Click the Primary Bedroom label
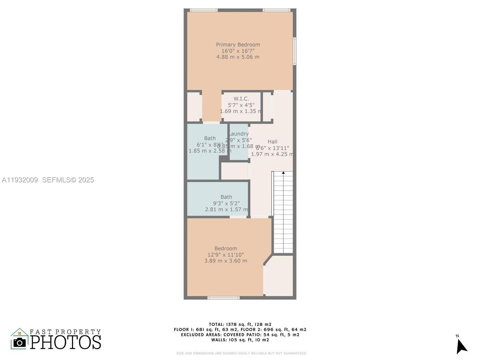pos(238,45)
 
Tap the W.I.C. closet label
pos(241,99)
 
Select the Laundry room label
pos(239,134)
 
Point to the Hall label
pos(272,142)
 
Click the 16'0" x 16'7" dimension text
pos(238,51)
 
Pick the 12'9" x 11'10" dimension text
pos(226,255)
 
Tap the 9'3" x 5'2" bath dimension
pos(226,203)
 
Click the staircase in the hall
pos(283,213)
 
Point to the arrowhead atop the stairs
pos(283,173)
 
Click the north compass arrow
pos(461,346)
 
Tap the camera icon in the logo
pos(20,342)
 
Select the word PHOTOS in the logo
pos(65,342)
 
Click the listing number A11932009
pos(20,180)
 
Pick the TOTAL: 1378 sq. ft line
pos(240,324)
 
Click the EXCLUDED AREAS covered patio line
pos(240,335)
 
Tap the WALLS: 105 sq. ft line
pos(240,340)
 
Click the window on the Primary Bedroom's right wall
pos(295,51)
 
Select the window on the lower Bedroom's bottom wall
pos(223,298)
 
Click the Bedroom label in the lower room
pos(226,248)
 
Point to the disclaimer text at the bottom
pos(241,353)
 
